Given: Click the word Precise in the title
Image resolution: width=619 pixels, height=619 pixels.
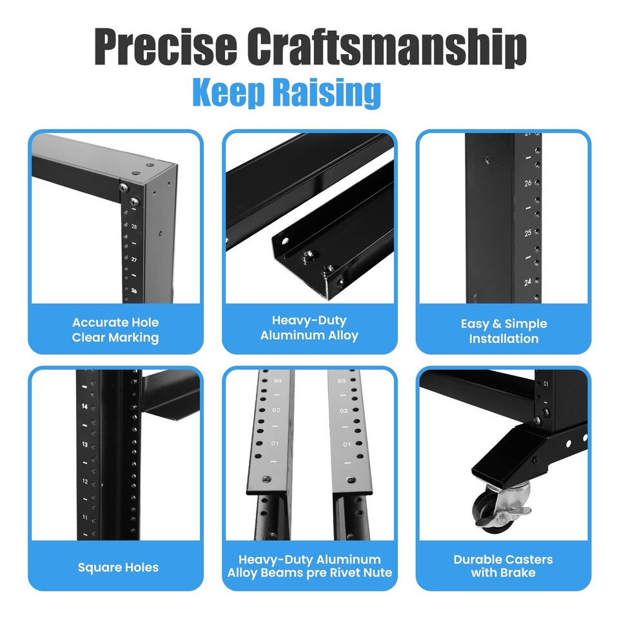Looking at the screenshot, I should [x=164, y=46].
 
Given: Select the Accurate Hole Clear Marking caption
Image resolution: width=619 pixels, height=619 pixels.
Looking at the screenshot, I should [x=115, y=329].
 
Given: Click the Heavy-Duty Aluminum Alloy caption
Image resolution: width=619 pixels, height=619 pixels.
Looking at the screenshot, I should [x=309, y=328].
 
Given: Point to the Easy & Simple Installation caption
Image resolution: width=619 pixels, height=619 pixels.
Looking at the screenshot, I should [x=504, y=331].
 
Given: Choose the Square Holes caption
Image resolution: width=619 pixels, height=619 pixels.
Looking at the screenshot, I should [x=118, y=567].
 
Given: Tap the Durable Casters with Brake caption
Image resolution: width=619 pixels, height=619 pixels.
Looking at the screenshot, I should [x=503, y=565].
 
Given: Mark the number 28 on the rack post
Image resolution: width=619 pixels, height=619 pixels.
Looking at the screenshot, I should [x=134, y=227].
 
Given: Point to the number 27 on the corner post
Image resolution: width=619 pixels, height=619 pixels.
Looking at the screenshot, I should [x=134, y=259].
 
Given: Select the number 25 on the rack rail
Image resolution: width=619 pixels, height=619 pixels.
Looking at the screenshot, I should [x=528, y=233].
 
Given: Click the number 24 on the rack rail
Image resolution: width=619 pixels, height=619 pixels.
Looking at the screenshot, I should [x=528, y=282].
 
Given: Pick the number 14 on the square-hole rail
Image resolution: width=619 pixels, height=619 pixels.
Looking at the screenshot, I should [x=84, y=407].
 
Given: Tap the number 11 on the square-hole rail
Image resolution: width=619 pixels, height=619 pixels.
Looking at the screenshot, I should [x=84, y=517].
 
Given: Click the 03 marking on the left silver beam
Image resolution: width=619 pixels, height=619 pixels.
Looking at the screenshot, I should [x=278, y=381].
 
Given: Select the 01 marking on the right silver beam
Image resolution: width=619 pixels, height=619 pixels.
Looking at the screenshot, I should [x=347, y=444].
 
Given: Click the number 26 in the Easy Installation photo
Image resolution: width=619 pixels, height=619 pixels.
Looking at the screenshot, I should [x=528, y=184].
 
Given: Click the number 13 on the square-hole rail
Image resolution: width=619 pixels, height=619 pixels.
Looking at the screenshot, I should [x=84, y=444].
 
